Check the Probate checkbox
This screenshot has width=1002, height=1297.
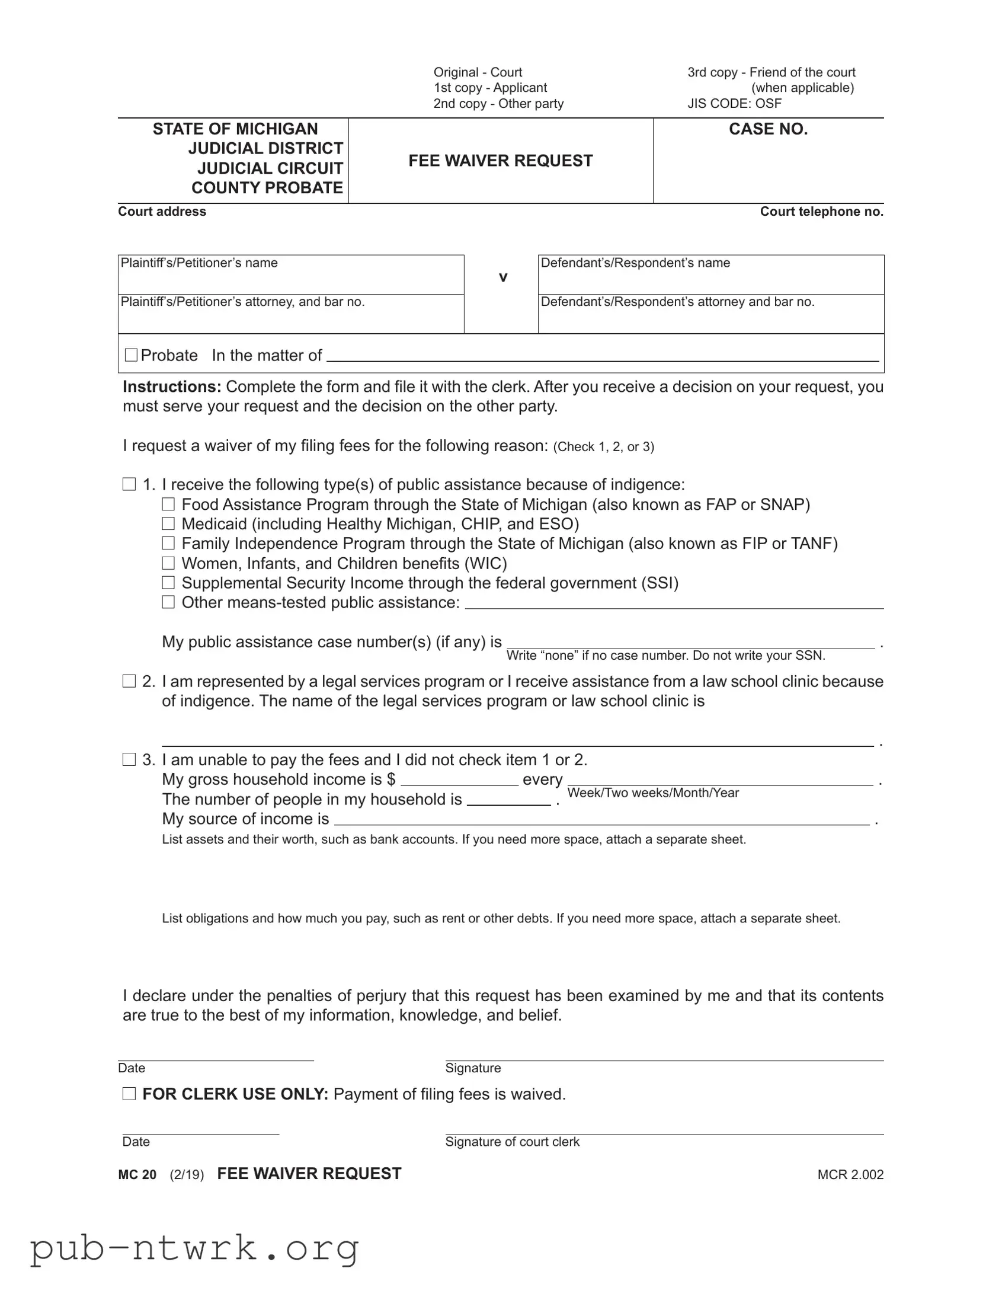(131, 355)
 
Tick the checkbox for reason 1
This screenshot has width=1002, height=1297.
(129, 484)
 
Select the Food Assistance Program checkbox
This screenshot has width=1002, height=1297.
(169, 504)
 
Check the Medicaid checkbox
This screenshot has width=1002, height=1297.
(169, 524)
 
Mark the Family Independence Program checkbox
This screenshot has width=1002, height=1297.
(169, 544)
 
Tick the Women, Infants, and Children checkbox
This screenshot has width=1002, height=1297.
(169, 563)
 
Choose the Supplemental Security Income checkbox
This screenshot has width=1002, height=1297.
(169, 583)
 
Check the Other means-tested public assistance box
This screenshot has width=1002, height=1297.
(169, 602)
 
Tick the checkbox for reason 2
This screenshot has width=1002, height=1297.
(129, 681)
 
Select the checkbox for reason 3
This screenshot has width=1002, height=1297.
(129, 759)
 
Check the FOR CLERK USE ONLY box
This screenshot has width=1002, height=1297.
(129, 1094)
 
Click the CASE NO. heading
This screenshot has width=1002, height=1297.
(768, 129)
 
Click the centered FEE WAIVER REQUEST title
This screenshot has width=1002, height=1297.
(500, 161)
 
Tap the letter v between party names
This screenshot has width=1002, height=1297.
(503, 277)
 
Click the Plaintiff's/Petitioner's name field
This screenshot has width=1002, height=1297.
(291, 279)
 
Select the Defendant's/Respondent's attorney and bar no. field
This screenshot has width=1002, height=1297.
(710, 318)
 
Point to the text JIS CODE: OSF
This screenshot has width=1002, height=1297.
(734, 103)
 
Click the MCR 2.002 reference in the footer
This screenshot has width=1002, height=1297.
(850, 1175)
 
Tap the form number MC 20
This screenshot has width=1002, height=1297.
(137, 1175)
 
